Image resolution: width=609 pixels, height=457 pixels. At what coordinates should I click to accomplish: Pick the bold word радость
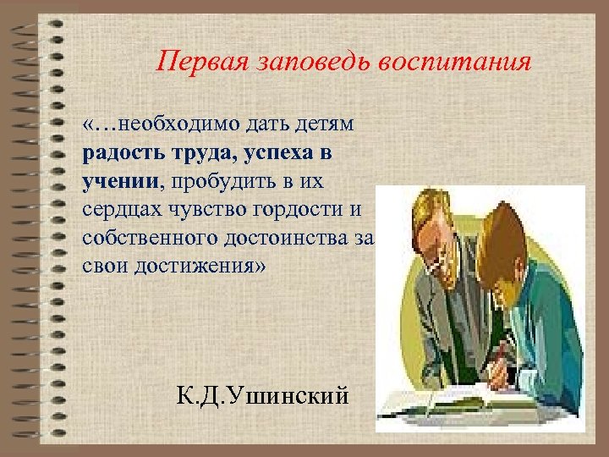(118, 154)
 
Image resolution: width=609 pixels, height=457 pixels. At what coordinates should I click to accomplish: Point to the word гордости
(299, 207)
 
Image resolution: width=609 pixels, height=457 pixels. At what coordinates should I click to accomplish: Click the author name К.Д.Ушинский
(262, 394)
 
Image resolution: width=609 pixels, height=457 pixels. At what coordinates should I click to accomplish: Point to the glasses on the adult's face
(440, 261)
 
